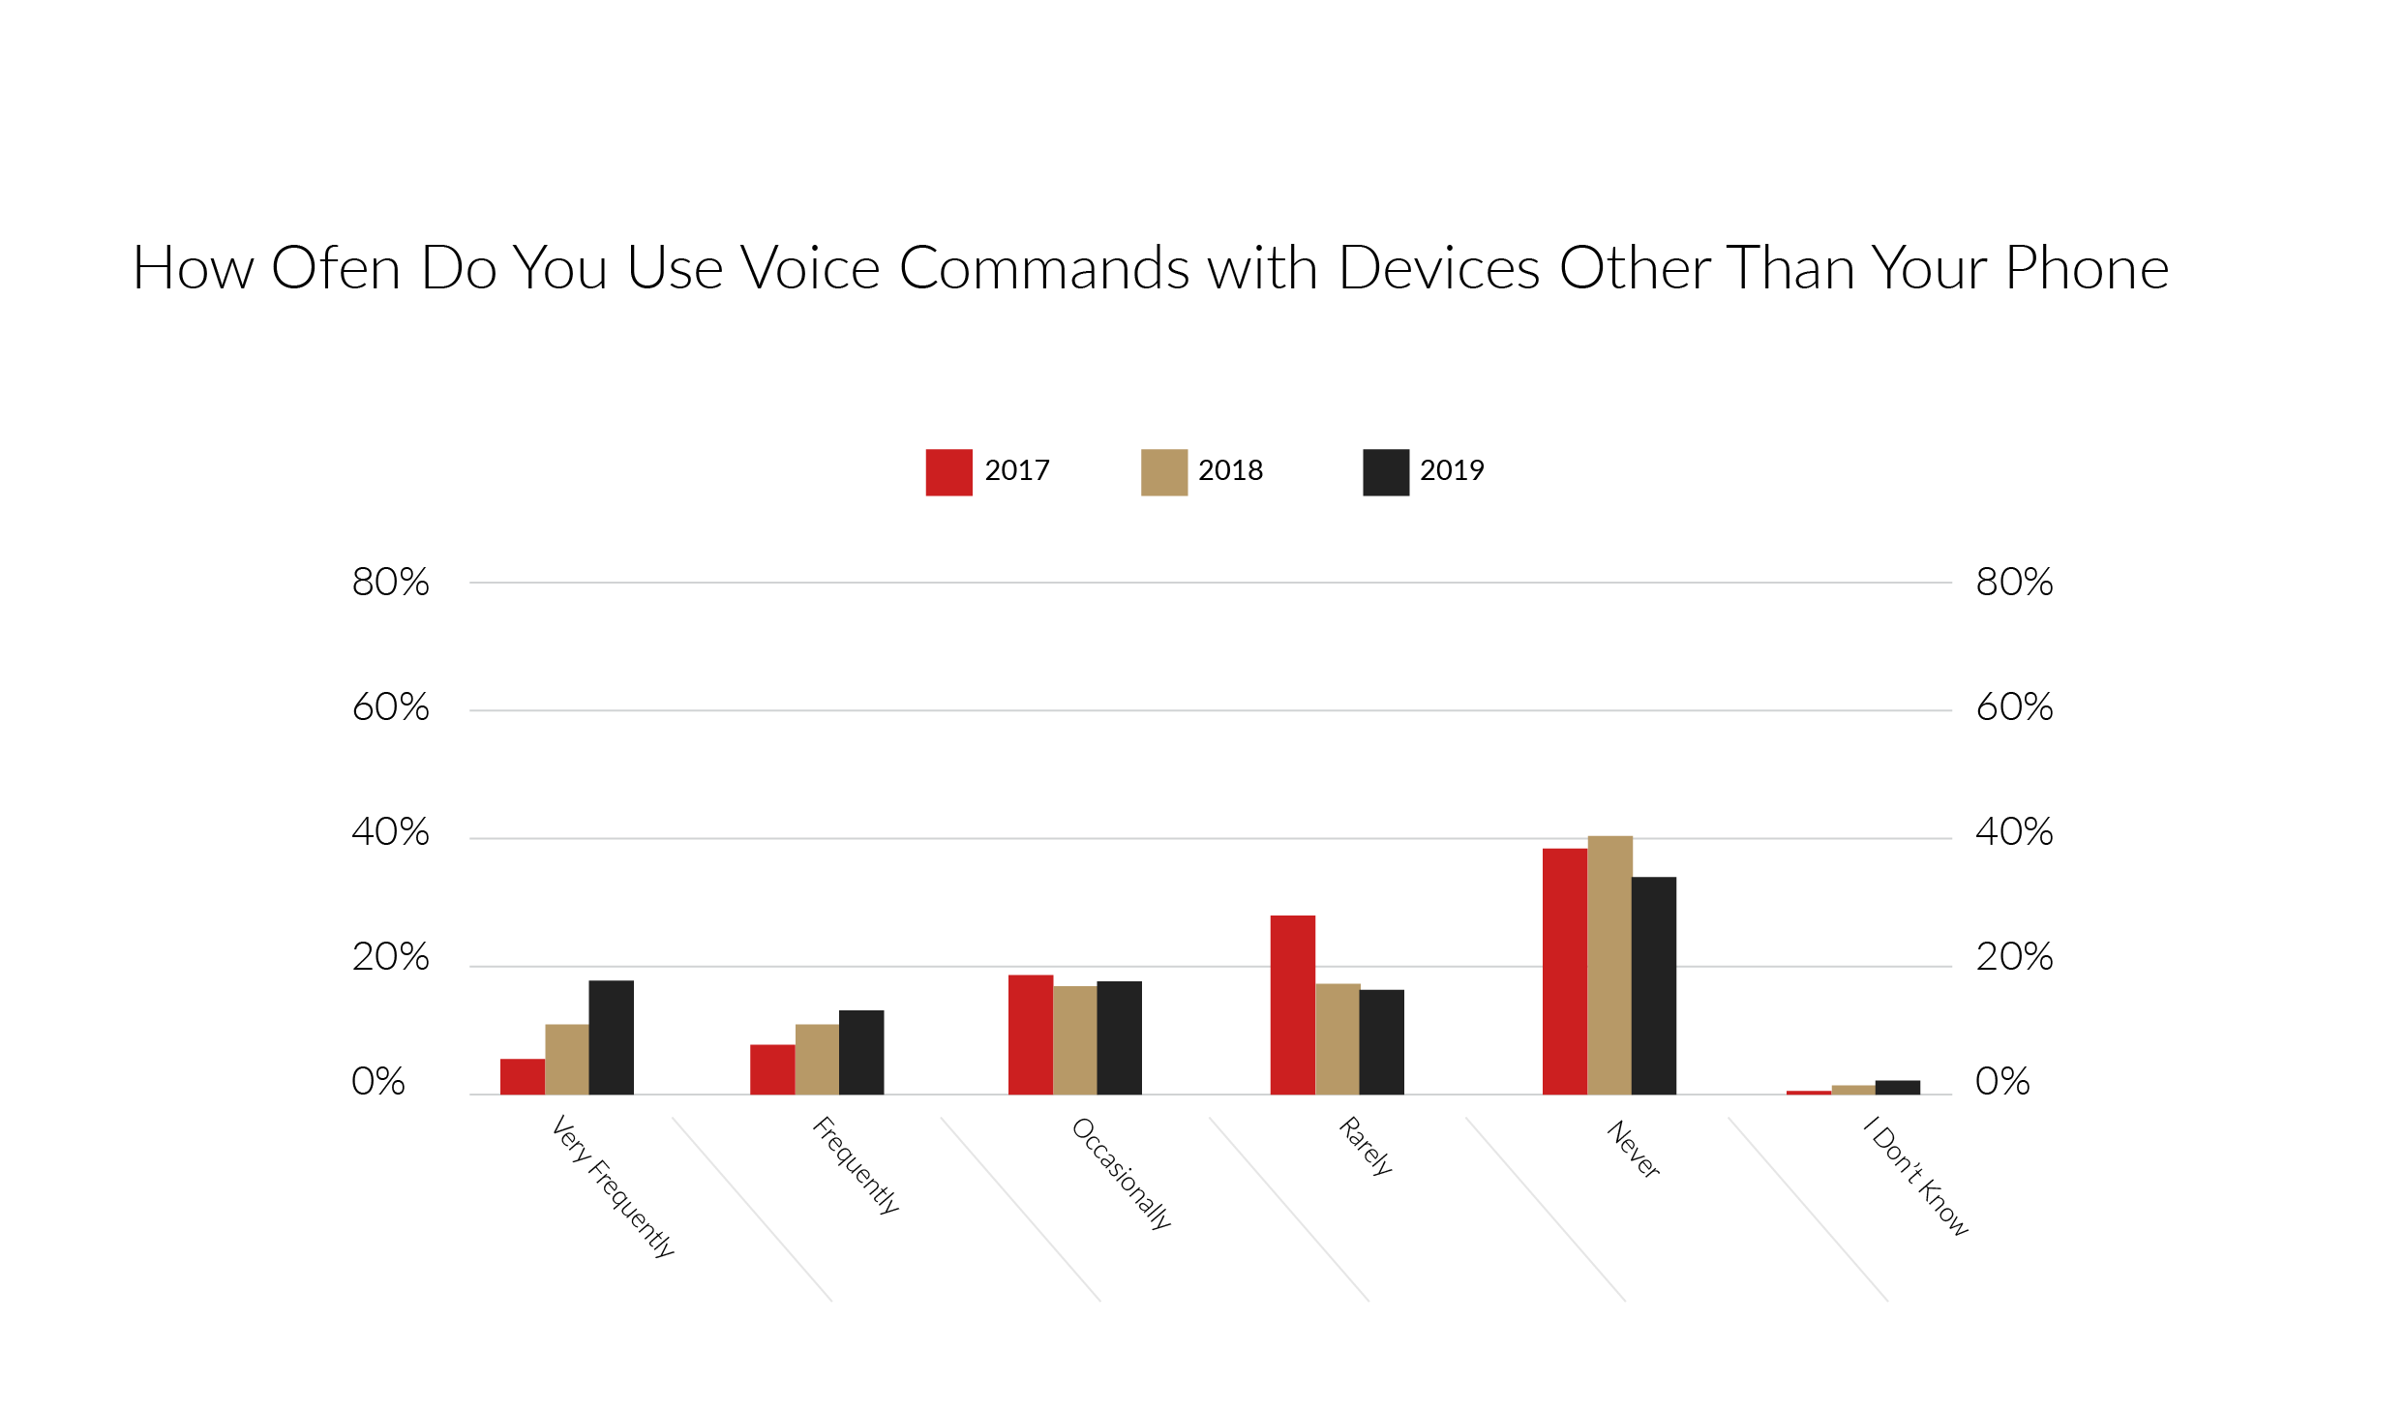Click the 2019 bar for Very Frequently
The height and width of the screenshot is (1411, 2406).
611,1037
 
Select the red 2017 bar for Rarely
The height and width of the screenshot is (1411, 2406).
1292,1005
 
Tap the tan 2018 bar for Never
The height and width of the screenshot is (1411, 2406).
1609,965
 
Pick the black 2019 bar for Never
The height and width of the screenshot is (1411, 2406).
1653,985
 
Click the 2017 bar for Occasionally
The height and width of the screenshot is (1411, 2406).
1030,1035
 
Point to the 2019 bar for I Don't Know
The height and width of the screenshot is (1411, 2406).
1897,1087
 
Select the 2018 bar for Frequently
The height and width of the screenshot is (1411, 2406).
817,1059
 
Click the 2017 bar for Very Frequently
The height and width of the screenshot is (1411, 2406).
523,1076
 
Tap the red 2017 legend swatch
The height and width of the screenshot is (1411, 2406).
948,472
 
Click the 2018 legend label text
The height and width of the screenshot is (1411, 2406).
1230,470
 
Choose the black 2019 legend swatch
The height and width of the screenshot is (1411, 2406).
1385,472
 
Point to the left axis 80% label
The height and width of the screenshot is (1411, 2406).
390,583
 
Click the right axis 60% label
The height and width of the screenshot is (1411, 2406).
2014,707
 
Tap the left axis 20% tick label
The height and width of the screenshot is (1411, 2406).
390,957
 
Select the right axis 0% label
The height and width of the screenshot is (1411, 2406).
2002,1082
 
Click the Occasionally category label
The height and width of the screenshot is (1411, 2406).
1122,1173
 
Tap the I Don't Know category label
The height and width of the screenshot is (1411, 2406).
1916,1176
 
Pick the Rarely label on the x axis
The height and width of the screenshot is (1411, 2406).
1366,1146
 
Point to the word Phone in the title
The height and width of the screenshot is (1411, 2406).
2087,268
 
